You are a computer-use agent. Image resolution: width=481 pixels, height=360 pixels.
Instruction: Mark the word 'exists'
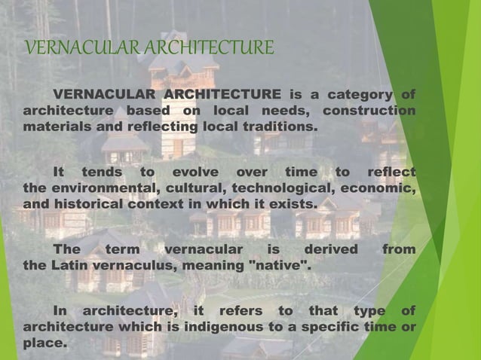[x=296, y=204]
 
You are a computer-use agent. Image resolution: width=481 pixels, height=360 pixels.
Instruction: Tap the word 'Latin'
[x=69, y=265]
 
